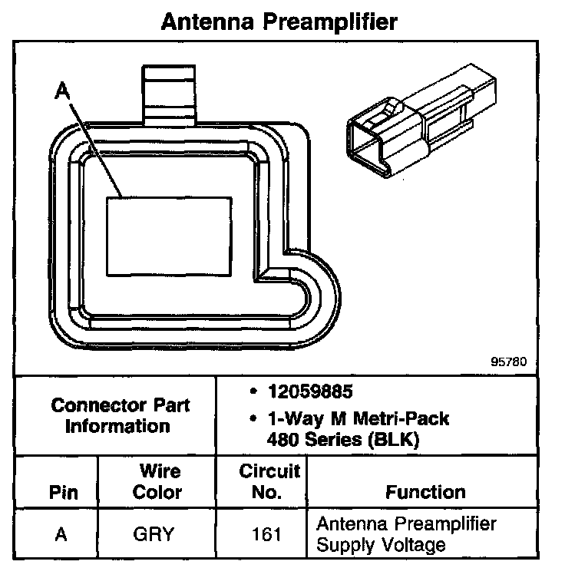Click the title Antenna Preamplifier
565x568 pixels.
point(279,21)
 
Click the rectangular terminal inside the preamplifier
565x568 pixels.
point(168,236)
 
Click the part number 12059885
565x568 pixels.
point(309,392)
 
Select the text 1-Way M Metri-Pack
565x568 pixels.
point(358,419)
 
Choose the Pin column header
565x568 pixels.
point(63,492)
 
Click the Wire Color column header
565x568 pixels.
point(158,481)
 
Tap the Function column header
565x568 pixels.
point(425,491)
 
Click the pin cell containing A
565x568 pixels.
point(61,534)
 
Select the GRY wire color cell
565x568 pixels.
point(157,534)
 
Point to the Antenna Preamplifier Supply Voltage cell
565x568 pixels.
point(406,534)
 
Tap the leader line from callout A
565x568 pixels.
point(97,146)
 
